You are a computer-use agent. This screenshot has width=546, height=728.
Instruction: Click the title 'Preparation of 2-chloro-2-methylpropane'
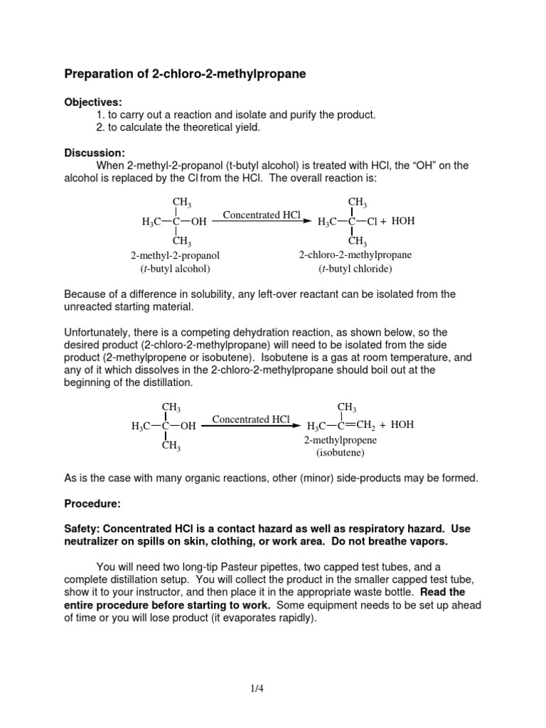click(186, 74)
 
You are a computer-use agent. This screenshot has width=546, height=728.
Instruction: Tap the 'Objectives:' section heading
click(93, 102)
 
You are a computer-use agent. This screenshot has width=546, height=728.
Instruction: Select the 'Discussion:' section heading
click(95, 153)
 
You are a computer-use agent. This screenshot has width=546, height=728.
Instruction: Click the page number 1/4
click(272, 687)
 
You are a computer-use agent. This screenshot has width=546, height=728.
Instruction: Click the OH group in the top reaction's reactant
click(199, 222)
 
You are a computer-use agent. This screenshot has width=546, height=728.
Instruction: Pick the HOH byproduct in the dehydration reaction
click(402, 425)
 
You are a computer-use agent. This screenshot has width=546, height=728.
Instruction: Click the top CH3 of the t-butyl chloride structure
click(357, 203)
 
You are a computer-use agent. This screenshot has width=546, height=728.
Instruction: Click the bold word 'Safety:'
click(85, 529)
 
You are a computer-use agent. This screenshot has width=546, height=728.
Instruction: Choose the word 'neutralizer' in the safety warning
click(95, 542)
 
